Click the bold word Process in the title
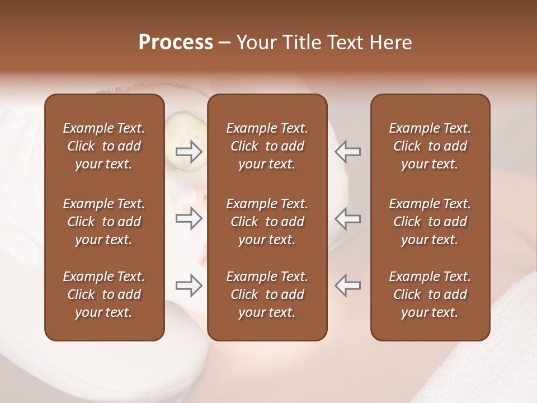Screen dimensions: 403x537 tap(176, 43)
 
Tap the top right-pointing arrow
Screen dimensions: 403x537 tap(189, 152)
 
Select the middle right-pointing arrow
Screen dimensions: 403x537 tap(189, 218)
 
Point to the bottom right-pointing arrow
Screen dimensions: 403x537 tap(189, 285)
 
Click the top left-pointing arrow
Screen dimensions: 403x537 tap(348, 152)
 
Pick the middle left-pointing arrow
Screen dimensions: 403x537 tap(348, 218)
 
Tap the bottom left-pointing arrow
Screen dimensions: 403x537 tap(348, 285)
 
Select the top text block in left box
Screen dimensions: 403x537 tap(104, 146)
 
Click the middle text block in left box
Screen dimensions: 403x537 tap(104, 222)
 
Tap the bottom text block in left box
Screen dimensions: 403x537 tap(104, 294)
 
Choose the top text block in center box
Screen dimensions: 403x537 tap(267, 146)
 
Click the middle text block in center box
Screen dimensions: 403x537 tap(267, 222)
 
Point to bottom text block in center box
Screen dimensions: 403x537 tap(267, 294)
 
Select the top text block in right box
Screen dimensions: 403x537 tap(430, 146)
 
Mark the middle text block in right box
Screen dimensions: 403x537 tap(430, 222)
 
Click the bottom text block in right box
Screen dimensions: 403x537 tap(430, 294)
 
